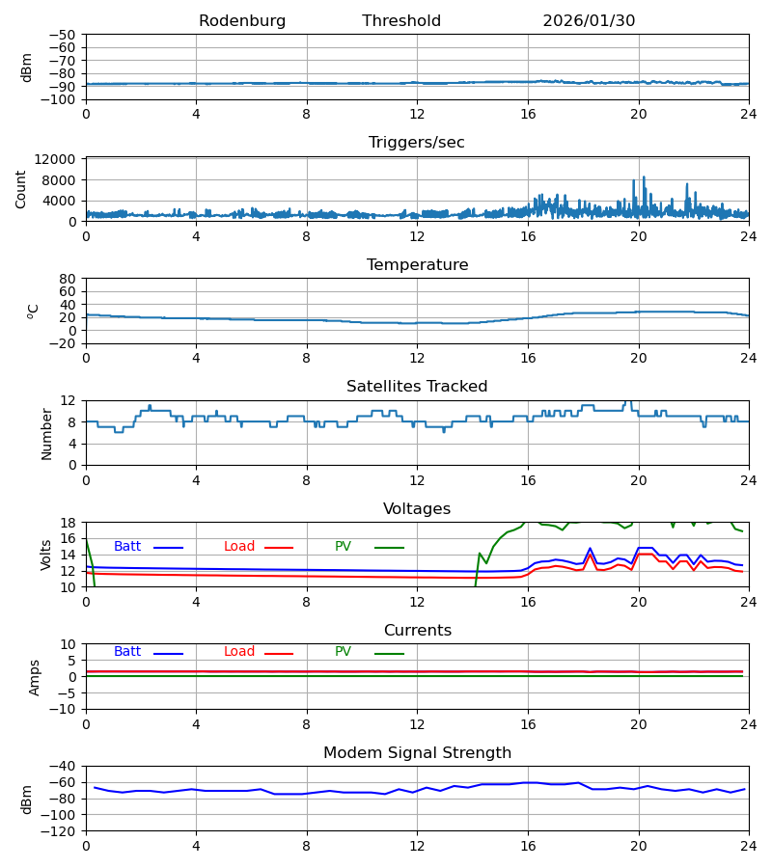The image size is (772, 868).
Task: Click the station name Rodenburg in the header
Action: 242,21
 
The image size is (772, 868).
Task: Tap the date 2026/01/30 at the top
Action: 589,21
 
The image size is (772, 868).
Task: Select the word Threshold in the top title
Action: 401,21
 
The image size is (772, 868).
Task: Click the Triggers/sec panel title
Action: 417,143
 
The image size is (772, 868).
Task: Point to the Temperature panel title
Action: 417,265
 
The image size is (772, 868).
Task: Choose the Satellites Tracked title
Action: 417,387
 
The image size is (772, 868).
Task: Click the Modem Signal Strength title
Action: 417,753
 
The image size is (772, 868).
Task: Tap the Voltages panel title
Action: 417,509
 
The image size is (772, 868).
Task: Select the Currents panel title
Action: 417,631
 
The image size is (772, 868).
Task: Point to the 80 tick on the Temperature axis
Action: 69,279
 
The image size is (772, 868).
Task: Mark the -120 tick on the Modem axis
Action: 61,830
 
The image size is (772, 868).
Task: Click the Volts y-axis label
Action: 46,555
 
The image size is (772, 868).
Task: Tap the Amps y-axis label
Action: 35,677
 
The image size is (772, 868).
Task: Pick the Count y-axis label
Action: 21,189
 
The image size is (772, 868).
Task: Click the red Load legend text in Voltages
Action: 239,547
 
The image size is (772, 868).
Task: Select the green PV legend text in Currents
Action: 343,652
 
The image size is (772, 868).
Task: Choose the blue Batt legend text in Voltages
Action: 127,547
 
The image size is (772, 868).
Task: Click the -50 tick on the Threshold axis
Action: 65,35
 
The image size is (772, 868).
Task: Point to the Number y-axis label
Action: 46,433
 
